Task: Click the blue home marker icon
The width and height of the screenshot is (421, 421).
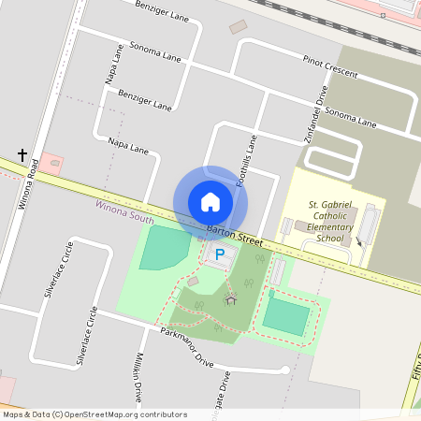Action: point(210,201)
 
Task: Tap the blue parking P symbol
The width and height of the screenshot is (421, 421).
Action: point(220,254)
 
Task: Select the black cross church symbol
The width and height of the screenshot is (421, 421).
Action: point(22,154)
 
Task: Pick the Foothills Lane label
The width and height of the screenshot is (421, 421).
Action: point(246,159)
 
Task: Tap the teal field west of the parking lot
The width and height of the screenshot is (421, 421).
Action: point(165,247)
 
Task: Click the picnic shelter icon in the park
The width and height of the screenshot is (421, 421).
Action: point(231,298)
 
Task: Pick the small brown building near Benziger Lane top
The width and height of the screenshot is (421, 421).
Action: point(239,26)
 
